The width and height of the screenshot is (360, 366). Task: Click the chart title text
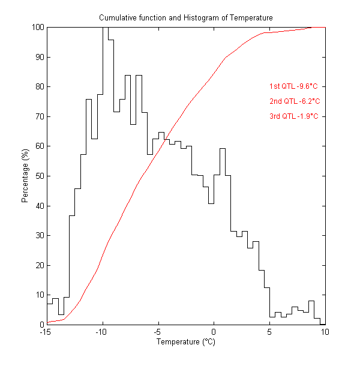coord(186,18)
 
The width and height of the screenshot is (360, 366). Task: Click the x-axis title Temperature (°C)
coord(185,342)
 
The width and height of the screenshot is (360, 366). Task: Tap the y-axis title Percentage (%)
coord(25,176)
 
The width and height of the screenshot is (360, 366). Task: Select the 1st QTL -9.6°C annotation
coord(293,86)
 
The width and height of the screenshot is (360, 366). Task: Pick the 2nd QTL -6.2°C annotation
coord(293,101)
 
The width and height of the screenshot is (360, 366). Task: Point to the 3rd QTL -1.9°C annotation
coord(293,116)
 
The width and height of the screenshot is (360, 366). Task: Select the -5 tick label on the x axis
coord(158,333)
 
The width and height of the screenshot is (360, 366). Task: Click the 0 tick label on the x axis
coord(214,333)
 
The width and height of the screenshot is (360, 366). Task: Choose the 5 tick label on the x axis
coord(269,333)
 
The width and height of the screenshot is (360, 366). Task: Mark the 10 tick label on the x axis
coord(325,333)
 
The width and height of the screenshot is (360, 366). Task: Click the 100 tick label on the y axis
coord(37,28)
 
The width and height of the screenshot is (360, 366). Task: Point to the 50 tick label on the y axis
coord(38,176)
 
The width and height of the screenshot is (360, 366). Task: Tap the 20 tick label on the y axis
coord(38,265)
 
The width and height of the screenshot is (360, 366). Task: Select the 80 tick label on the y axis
coord(38,87)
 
